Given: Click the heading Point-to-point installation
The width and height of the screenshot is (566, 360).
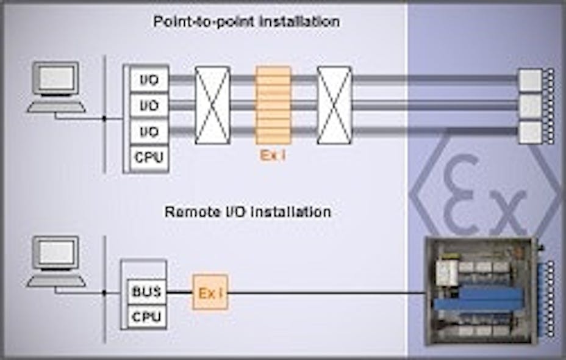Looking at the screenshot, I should coord(246,22).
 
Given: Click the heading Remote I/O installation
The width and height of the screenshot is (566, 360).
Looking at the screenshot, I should coord(248,212).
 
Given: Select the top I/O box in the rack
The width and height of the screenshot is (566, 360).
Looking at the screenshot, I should coord(149,80).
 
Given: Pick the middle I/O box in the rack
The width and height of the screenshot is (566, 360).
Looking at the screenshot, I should coord(149,106).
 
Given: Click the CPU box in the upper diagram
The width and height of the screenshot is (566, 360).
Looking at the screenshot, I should coord(149,158).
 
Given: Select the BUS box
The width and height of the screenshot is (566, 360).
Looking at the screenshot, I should coord(147,292).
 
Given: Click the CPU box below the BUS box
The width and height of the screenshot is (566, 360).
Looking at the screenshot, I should coord(147,317).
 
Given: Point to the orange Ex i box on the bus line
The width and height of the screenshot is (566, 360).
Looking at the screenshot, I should coord(210,292).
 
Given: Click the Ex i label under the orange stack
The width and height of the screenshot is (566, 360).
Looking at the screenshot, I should coord(273,156).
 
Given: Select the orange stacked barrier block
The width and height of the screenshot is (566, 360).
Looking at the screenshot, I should coord(273,105).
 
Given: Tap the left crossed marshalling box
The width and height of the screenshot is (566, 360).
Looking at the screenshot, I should coord(212,105).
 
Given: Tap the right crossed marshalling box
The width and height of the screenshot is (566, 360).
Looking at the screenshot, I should coord(334,105).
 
